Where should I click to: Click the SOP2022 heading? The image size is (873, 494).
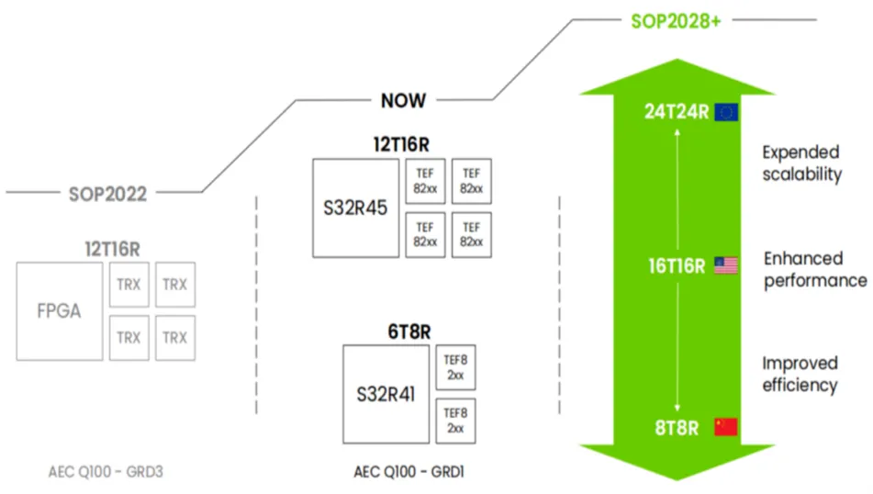click(x=107, y=194)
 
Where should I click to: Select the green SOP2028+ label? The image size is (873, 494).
click(x=676, y=21)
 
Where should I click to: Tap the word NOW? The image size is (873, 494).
click(x=403, y=101)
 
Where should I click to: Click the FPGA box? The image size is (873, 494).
click(x=60, y=311)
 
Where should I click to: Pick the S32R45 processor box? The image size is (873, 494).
click(x=356, y=208)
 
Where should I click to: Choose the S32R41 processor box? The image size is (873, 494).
click(x=386, y=394)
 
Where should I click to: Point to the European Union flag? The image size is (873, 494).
click(x=726, y=112)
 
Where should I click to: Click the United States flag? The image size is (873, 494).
click(x=726, y=265)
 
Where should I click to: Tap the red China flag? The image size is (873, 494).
click(x=726, y=427)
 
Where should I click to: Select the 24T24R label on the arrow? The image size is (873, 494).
click(x=677, y=112)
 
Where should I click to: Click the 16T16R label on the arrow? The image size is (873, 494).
click(x=677, y=266)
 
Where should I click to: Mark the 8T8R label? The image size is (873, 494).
click(x=677, y=428)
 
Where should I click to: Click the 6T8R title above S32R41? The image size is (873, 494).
click(x=409, y=331)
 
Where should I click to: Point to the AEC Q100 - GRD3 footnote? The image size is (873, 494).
click(x=106, y=472)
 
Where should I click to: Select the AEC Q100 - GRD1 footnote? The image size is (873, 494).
click(x=409, y=472)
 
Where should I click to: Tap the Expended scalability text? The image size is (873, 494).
click(x=801, y=163)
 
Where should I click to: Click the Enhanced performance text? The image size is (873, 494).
click(x=815, y=270)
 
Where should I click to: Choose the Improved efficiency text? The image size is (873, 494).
click(x=800, y=375)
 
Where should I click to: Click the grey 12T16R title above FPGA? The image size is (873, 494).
click(x=113, y=249)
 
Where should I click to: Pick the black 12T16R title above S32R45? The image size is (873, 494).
click(x=401, y=145)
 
